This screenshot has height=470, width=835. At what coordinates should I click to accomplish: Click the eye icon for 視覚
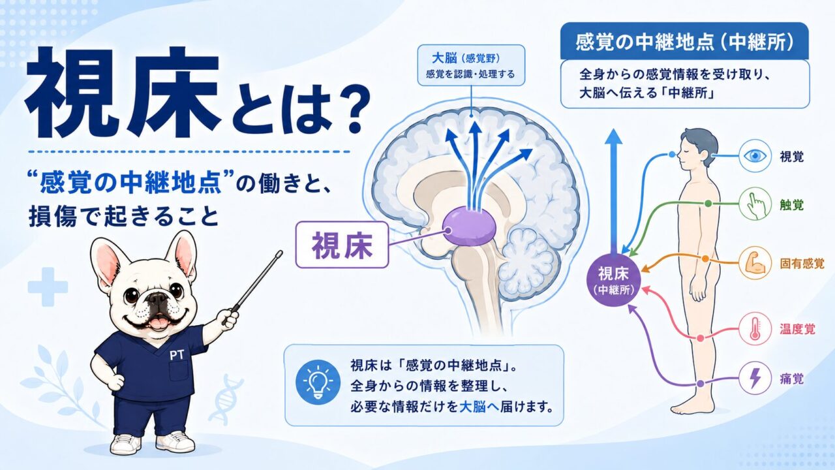(755, 155)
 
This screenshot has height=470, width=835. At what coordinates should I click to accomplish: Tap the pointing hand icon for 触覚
(755, 204)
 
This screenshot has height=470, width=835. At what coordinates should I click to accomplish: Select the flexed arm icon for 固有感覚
(755, 263)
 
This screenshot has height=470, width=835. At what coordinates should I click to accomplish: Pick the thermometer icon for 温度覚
(755, 328)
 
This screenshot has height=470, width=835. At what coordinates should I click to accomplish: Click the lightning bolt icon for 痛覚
(755, 379)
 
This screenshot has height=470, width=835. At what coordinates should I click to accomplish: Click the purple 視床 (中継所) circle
(613, 280)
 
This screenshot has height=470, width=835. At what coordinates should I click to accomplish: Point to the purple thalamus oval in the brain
(469, 226)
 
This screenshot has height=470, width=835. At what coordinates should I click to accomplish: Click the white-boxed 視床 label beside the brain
(342, 245)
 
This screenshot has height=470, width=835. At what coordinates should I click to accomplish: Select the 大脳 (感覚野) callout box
(471, 65)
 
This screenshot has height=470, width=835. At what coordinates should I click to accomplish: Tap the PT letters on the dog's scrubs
(177, 355)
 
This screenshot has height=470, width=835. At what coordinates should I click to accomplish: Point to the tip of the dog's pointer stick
(280, 253)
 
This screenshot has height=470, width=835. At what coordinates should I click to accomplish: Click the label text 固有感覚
(802, 264)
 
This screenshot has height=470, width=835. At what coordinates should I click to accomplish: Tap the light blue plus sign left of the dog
(48, 287)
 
